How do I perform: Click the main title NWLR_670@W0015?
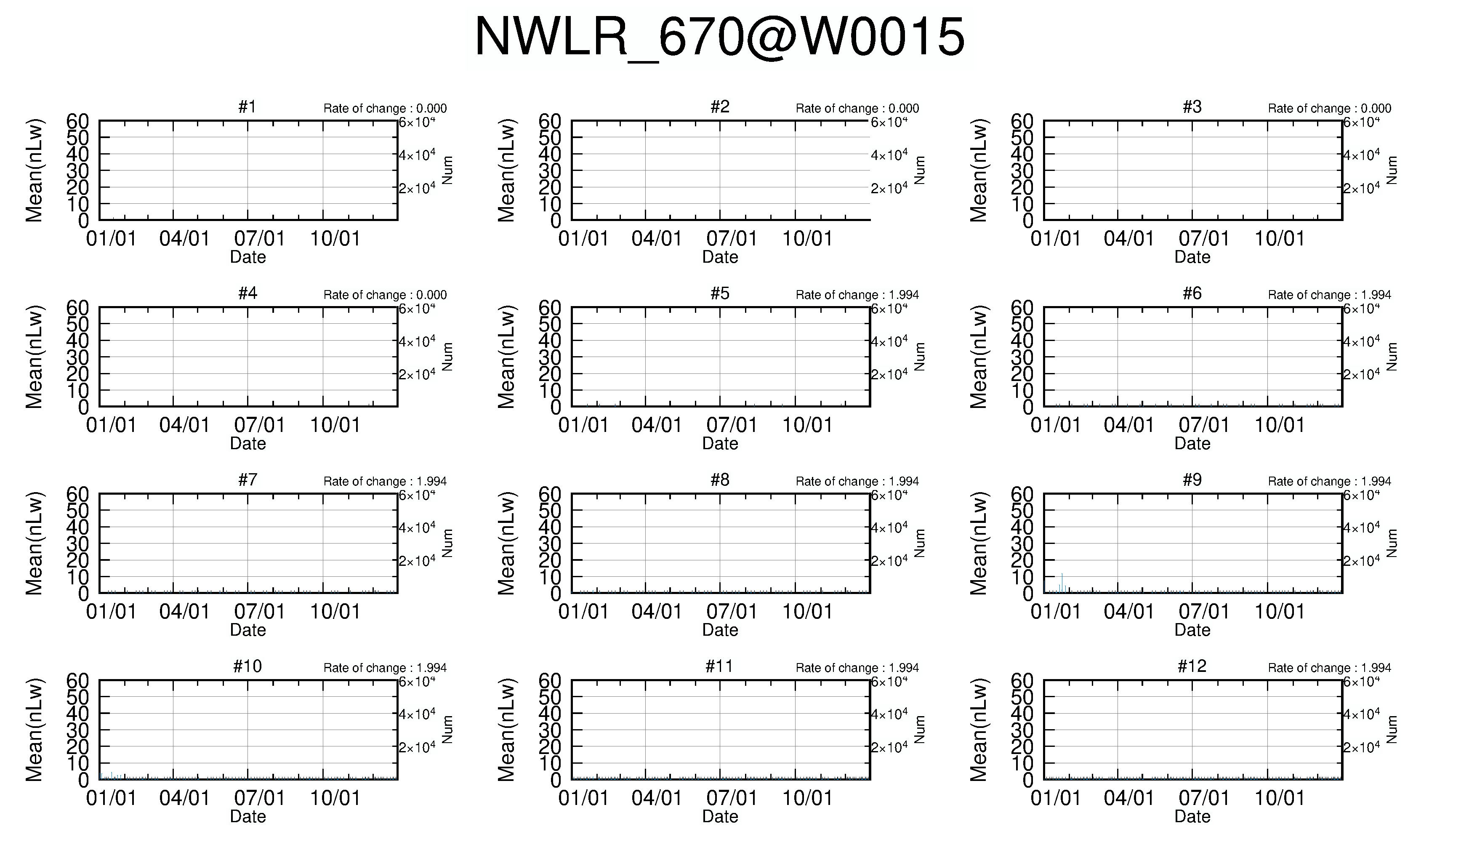click(720, 37)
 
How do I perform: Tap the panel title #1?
click(247, 107)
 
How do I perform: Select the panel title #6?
click(1192, 294)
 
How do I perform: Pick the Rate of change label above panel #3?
click(1330, 108)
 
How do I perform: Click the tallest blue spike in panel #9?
click(1062, 582)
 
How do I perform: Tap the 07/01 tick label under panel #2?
click(731, 239)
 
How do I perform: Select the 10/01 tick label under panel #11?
click(807, 799)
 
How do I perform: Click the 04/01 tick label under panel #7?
click(184, 612)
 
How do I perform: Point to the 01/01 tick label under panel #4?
click(111, 426)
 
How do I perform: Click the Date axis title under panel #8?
click(720, 630)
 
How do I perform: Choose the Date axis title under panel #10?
click(248, 817)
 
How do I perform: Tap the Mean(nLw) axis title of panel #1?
click(34, 171)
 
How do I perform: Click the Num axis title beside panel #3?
click(1392, 171)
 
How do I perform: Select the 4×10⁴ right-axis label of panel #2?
click(889, 155)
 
